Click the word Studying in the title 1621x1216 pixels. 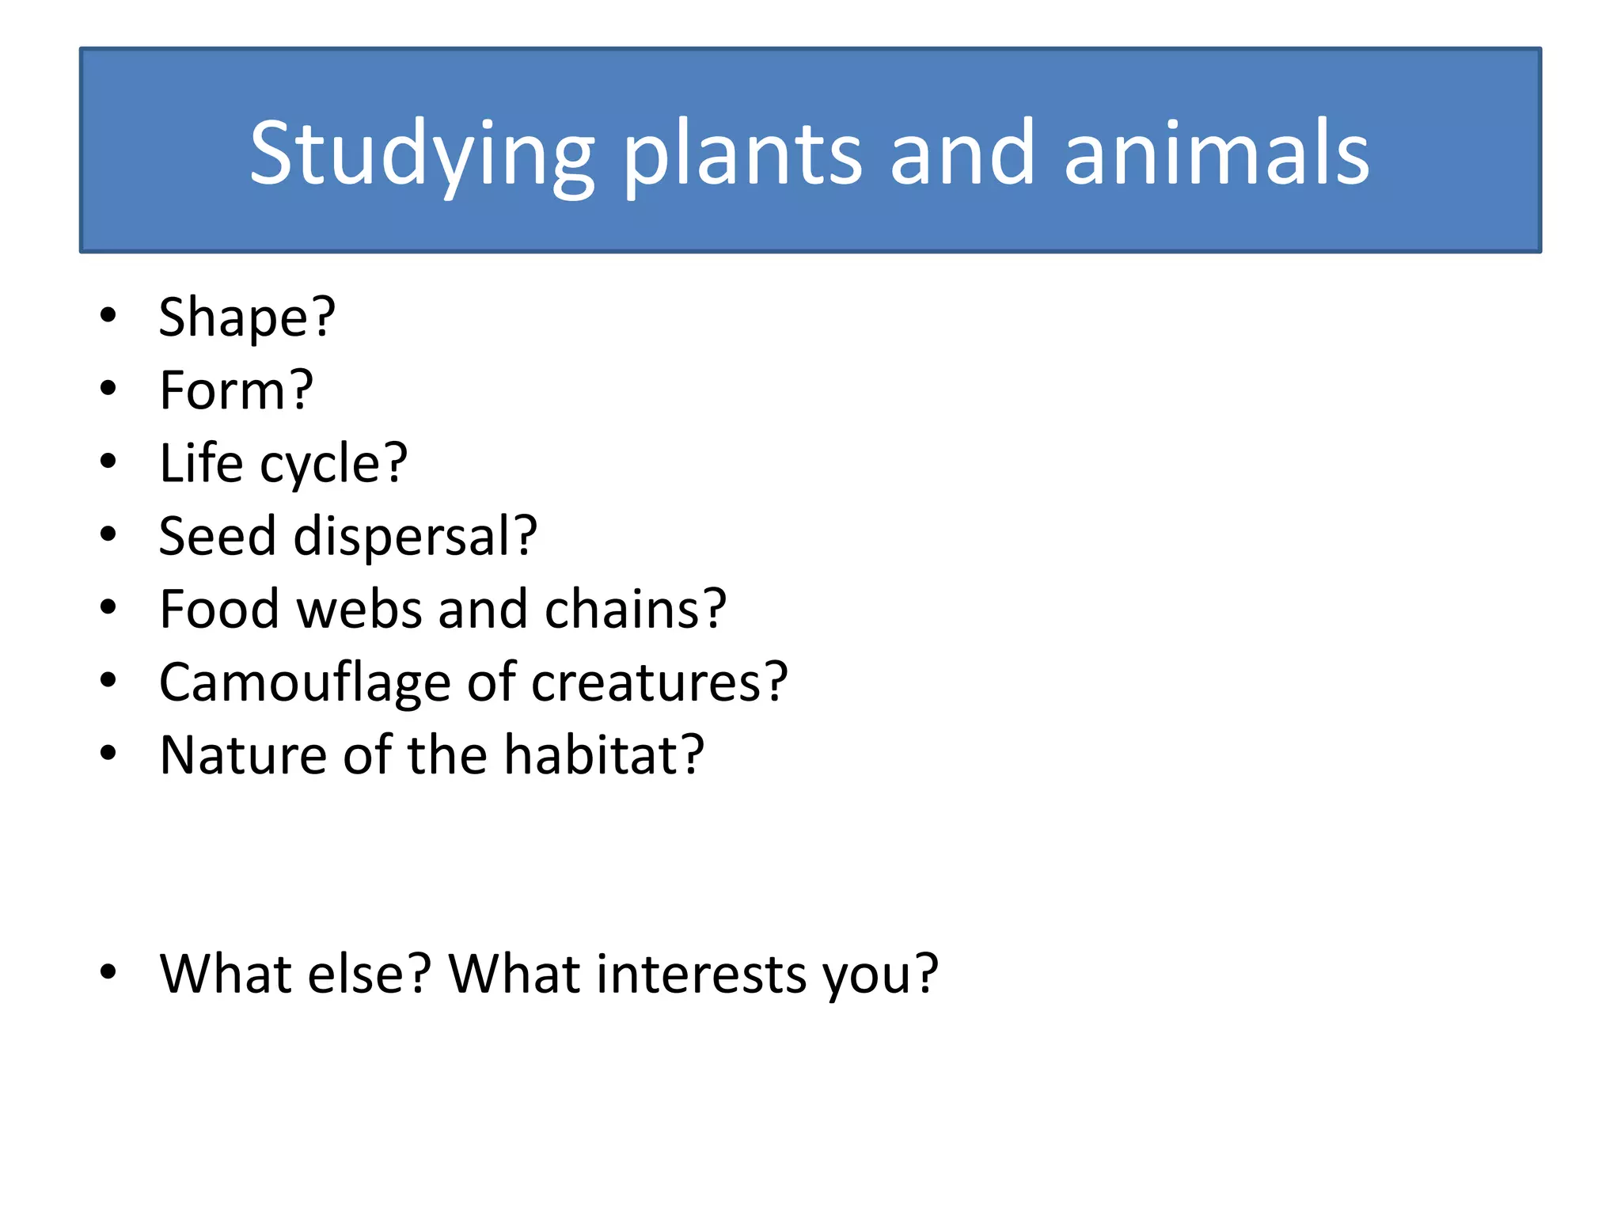[x=421, y=154]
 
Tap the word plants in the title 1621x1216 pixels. [x=742, y=154]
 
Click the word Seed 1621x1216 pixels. [x=217, y=536]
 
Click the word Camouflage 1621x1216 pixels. [x=305, y=682]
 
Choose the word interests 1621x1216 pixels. [x=701, y=973]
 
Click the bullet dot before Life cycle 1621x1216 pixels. [x=108, y=462]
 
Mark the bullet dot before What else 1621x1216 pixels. [x=108, y=971]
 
